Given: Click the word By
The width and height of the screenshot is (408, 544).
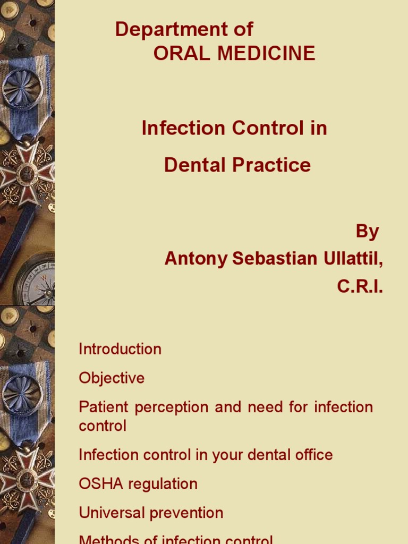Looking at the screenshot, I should [367, 232].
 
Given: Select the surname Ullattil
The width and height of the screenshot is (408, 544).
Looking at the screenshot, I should [348, 259].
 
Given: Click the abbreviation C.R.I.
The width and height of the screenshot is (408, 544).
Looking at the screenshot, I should [360, 287].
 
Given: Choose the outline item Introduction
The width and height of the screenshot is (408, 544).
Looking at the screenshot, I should [120, 350].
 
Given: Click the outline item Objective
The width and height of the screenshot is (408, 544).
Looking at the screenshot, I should [112, 378].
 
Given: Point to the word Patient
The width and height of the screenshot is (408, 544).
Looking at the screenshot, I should [104, 407].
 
